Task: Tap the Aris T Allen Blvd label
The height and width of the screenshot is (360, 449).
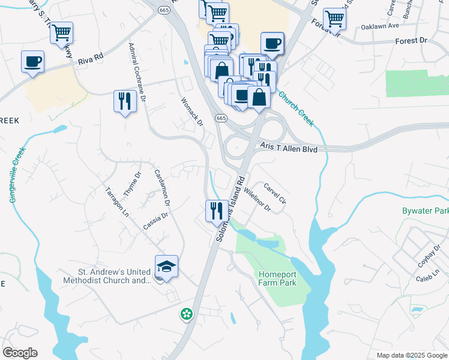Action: coord(289,148)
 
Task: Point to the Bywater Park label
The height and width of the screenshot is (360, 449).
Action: coord(425,211)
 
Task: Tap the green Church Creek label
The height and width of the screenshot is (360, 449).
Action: coord(296,109)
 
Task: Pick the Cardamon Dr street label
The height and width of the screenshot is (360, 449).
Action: coord(161,185)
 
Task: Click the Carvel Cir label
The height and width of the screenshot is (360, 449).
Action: coord(274,194)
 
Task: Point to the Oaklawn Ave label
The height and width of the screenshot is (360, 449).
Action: coord(381,27)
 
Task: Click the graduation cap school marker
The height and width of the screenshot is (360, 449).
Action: coord(167,266)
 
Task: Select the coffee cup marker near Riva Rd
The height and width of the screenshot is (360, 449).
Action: coord(33,61)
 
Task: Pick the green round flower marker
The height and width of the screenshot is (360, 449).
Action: coord(187,313)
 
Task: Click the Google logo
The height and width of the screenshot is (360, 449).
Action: coord(20,353)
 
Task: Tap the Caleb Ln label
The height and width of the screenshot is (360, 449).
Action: coord(424,278)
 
